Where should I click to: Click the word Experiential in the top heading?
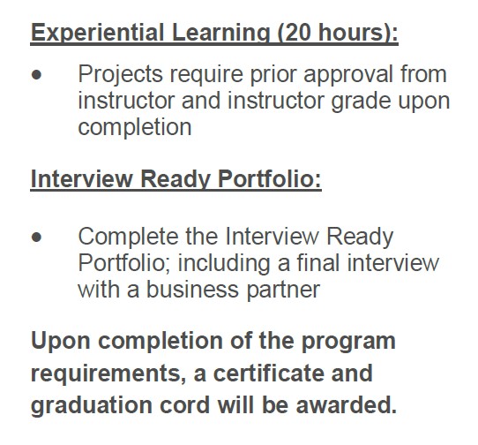tap(98, 34)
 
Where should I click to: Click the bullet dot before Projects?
tap(36, 75)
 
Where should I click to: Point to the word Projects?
tap(121, 75)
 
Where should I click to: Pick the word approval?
tap(348, 76)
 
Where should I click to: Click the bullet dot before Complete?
tap(36, 238)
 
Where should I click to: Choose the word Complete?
tap(129, 238)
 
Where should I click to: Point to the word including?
tap(224, 264)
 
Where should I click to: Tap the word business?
tap(192, 289)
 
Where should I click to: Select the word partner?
tap(283, 290)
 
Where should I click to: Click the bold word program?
tap(348, 343)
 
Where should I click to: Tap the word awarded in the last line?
tap(347, 405)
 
